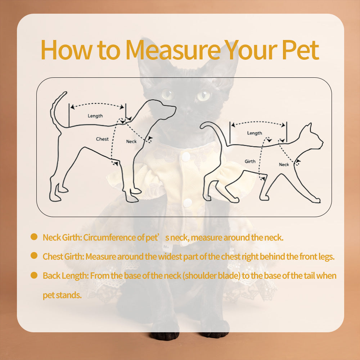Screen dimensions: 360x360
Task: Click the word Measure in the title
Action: pos(173,50)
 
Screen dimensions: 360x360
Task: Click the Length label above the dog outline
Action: pos(95,116)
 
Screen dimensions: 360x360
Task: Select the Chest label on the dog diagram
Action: pos(102,139)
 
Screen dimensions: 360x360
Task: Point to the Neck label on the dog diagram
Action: pos(131,141)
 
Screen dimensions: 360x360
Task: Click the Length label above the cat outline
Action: pos(255,133)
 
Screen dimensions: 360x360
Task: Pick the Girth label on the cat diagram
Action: pos(250,161)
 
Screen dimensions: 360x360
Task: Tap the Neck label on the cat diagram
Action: pos(284,165)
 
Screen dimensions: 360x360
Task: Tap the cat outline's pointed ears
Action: pos(308,128)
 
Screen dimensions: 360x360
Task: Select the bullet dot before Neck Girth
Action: pos(34,237)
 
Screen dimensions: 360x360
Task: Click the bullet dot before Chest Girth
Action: pos(34,256)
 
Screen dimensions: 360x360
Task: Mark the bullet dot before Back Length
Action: pos(34,275)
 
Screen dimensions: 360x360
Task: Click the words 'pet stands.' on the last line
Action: pos(62,295)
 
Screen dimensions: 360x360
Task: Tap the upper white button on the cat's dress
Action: pos(186,156)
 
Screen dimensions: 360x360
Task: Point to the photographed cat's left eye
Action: pos(203,96)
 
